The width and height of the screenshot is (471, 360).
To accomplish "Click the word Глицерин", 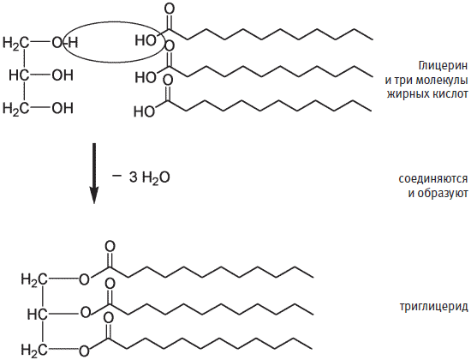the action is pos(443,66).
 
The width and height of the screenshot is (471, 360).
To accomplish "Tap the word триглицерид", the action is pos(434,307).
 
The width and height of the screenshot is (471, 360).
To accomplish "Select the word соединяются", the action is pos(433,178).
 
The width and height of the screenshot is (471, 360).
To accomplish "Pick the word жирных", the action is pos(404,94).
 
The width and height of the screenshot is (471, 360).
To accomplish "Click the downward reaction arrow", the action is pos(94,173).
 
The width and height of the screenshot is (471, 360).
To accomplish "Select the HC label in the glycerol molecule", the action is pos(20,75).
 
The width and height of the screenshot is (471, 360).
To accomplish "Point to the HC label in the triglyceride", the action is pos(37,315).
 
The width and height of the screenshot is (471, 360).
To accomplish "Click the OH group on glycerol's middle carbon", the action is pos(63,75).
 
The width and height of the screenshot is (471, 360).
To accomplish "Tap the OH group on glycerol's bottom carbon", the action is pos(63,108).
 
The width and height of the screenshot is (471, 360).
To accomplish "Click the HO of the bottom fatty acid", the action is pos(144,111).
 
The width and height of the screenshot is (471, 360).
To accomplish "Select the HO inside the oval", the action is pos(146,40).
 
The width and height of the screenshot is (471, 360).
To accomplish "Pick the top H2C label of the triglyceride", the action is pos(34,280).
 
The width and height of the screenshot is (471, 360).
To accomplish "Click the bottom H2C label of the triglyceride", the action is pos(34,350).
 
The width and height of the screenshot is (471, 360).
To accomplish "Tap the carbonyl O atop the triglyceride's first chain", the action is pos(110,247).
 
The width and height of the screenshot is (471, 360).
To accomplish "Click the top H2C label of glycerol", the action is pos(16,43).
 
